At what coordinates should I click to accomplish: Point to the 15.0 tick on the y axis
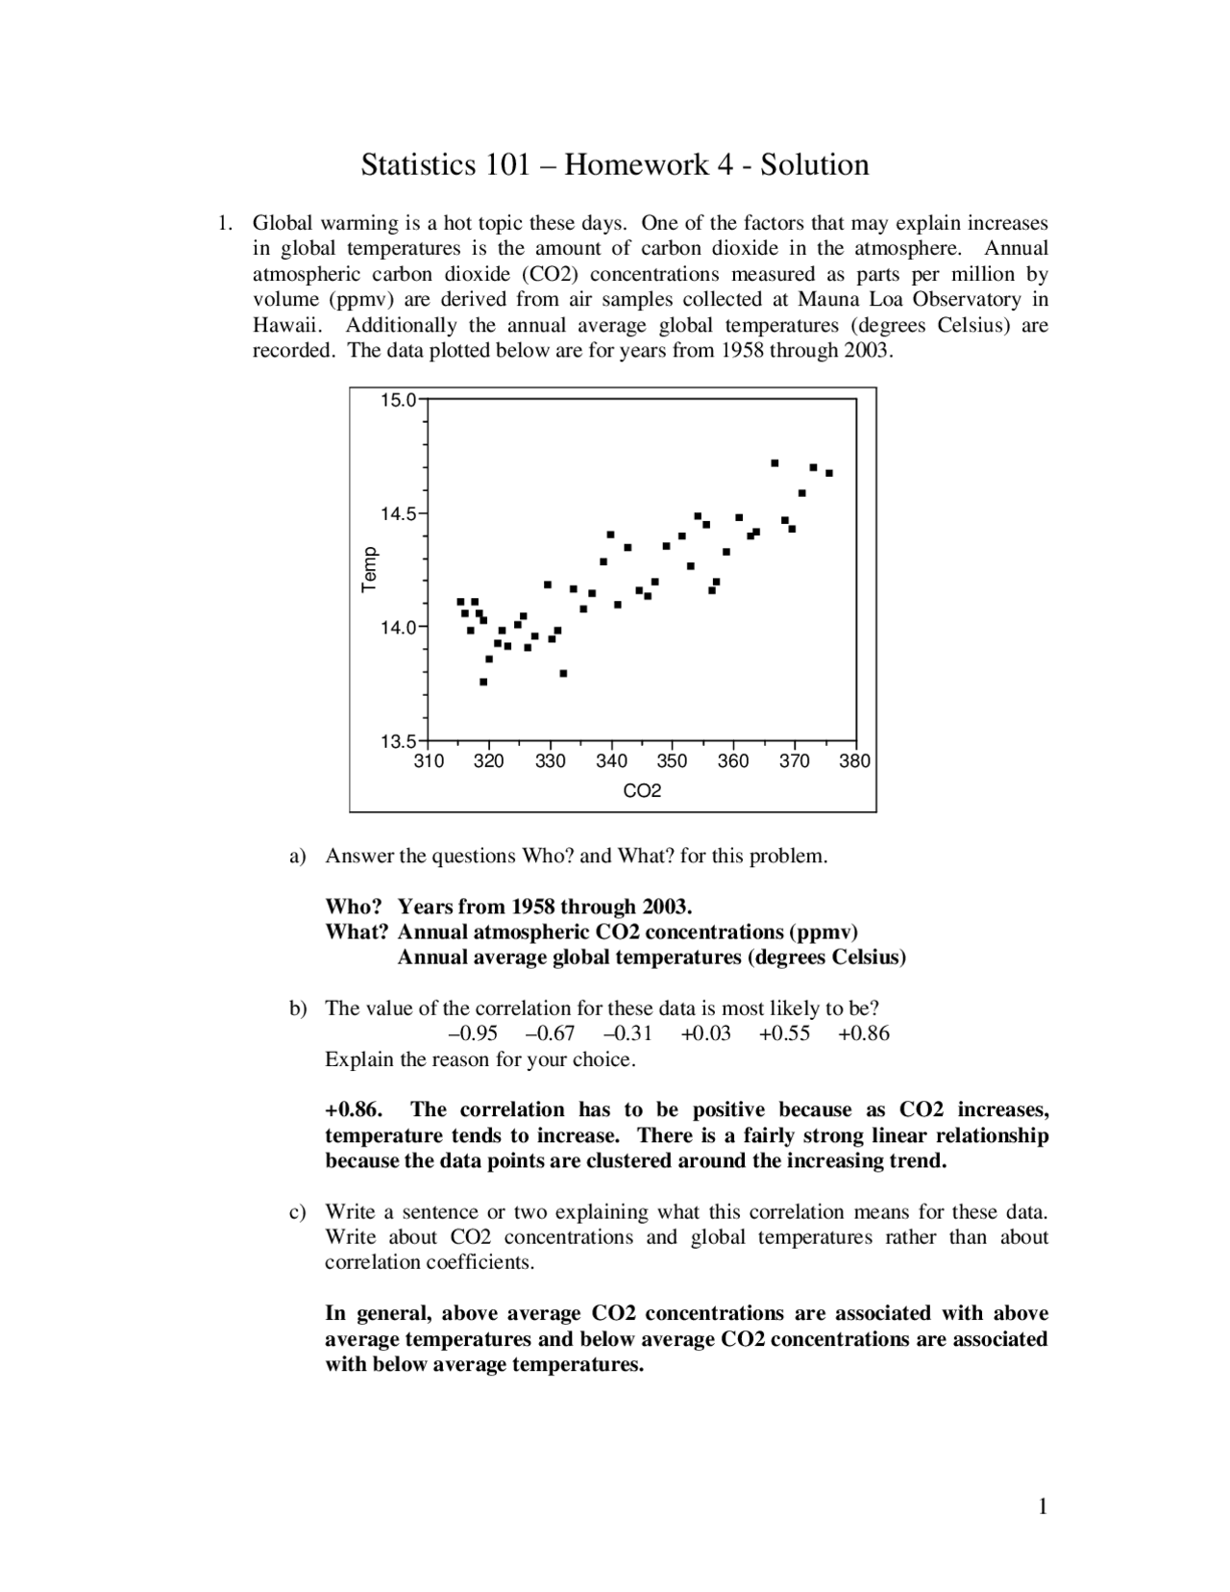tap(398, 400)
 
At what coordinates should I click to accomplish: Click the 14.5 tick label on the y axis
tap(398, 514)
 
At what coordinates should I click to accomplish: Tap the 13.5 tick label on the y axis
tap(398, 741)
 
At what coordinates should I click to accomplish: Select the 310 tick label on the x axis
tap(429, 761)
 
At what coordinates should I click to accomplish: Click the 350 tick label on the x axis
tap(672, 761)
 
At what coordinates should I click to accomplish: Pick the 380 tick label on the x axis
tap(854, 761)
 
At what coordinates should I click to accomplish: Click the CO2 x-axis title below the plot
tap(642, 791)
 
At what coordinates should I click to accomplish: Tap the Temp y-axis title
tap(370, 569)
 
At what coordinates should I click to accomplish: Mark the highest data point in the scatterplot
tap(775, 463)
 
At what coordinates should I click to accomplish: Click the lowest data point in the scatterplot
tap(483, 682)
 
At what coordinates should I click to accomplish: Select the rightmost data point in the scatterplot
tap(829, 473)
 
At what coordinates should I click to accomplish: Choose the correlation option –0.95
tap(473, 1034)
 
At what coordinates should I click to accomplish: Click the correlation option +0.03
tap(705, 1034)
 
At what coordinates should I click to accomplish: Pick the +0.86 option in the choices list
tap(863, 1034)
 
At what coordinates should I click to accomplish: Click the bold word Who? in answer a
tap(354, 908)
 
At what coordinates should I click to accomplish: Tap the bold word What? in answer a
tap(357, 933)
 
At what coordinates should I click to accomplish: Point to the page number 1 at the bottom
tap(1042, 1506)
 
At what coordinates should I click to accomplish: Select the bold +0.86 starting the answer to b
tap(354, 1110)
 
